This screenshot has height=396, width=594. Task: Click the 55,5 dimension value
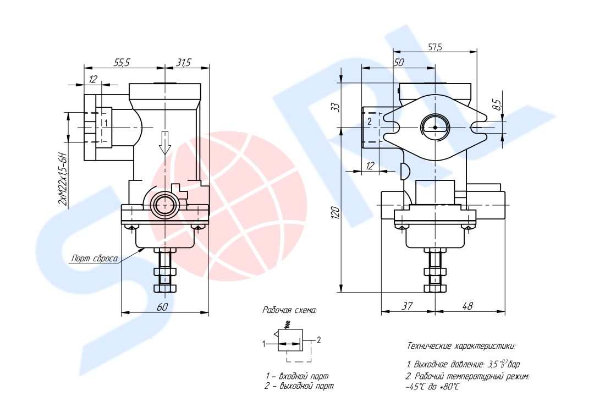click(x=122, y=63)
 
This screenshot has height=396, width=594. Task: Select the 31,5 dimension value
click(x=183, y=63)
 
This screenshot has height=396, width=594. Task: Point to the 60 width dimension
click(x=162, y=307)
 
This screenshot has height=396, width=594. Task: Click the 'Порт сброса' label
click(x=95, y=258)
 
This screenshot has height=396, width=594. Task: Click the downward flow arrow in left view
click(x=165, y=142)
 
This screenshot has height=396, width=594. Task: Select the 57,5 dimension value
click(x=435, y=47)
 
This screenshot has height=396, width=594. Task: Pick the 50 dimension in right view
click(x=399, y=62)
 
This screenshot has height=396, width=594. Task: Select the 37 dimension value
click(x=407, y=305)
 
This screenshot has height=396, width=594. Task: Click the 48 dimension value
click(x=468, y=305)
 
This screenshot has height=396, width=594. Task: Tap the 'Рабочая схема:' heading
click(x=290, y=310)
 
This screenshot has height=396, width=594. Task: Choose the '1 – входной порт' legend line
click(x=297, y=376)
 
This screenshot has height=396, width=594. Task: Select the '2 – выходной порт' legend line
click(x=299, y=386)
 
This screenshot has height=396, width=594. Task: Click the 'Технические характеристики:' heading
click(x=461, y=346)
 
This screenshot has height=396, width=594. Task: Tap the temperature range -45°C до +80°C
click(x=432, y=387)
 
